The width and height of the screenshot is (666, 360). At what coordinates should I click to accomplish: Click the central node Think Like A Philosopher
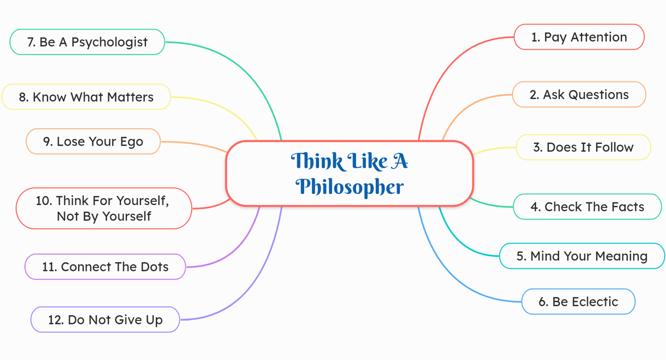tap(349, 174)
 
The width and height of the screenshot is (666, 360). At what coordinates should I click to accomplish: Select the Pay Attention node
tap(579, 37)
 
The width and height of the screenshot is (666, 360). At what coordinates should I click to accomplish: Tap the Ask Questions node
tap(579, 95)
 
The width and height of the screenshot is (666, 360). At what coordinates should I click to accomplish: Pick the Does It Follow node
tap(583, 147)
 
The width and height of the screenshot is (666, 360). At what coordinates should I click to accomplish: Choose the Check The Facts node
tap(587, 206)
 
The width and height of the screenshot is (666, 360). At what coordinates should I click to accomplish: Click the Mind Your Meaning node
tap(582, 256)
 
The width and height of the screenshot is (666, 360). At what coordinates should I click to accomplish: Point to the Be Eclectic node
tap(578, 302)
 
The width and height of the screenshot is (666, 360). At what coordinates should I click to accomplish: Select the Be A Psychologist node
tap(87, 42)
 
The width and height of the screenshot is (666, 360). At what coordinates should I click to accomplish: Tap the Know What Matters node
tap(86, 97)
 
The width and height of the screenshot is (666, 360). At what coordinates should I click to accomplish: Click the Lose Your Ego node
tap(93, 142)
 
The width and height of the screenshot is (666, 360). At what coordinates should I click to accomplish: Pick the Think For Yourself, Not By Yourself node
tap(104, 208)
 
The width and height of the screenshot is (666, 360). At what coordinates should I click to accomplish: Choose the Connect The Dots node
tap(105, 267)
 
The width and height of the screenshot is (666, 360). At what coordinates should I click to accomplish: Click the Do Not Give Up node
tap(105, 320)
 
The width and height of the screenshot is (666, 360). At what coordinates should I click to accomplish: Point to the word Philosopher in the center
tap(350, 187)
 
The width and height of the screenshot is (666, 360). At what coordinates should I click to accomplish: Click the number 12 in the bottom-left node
tap(55, 320)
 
